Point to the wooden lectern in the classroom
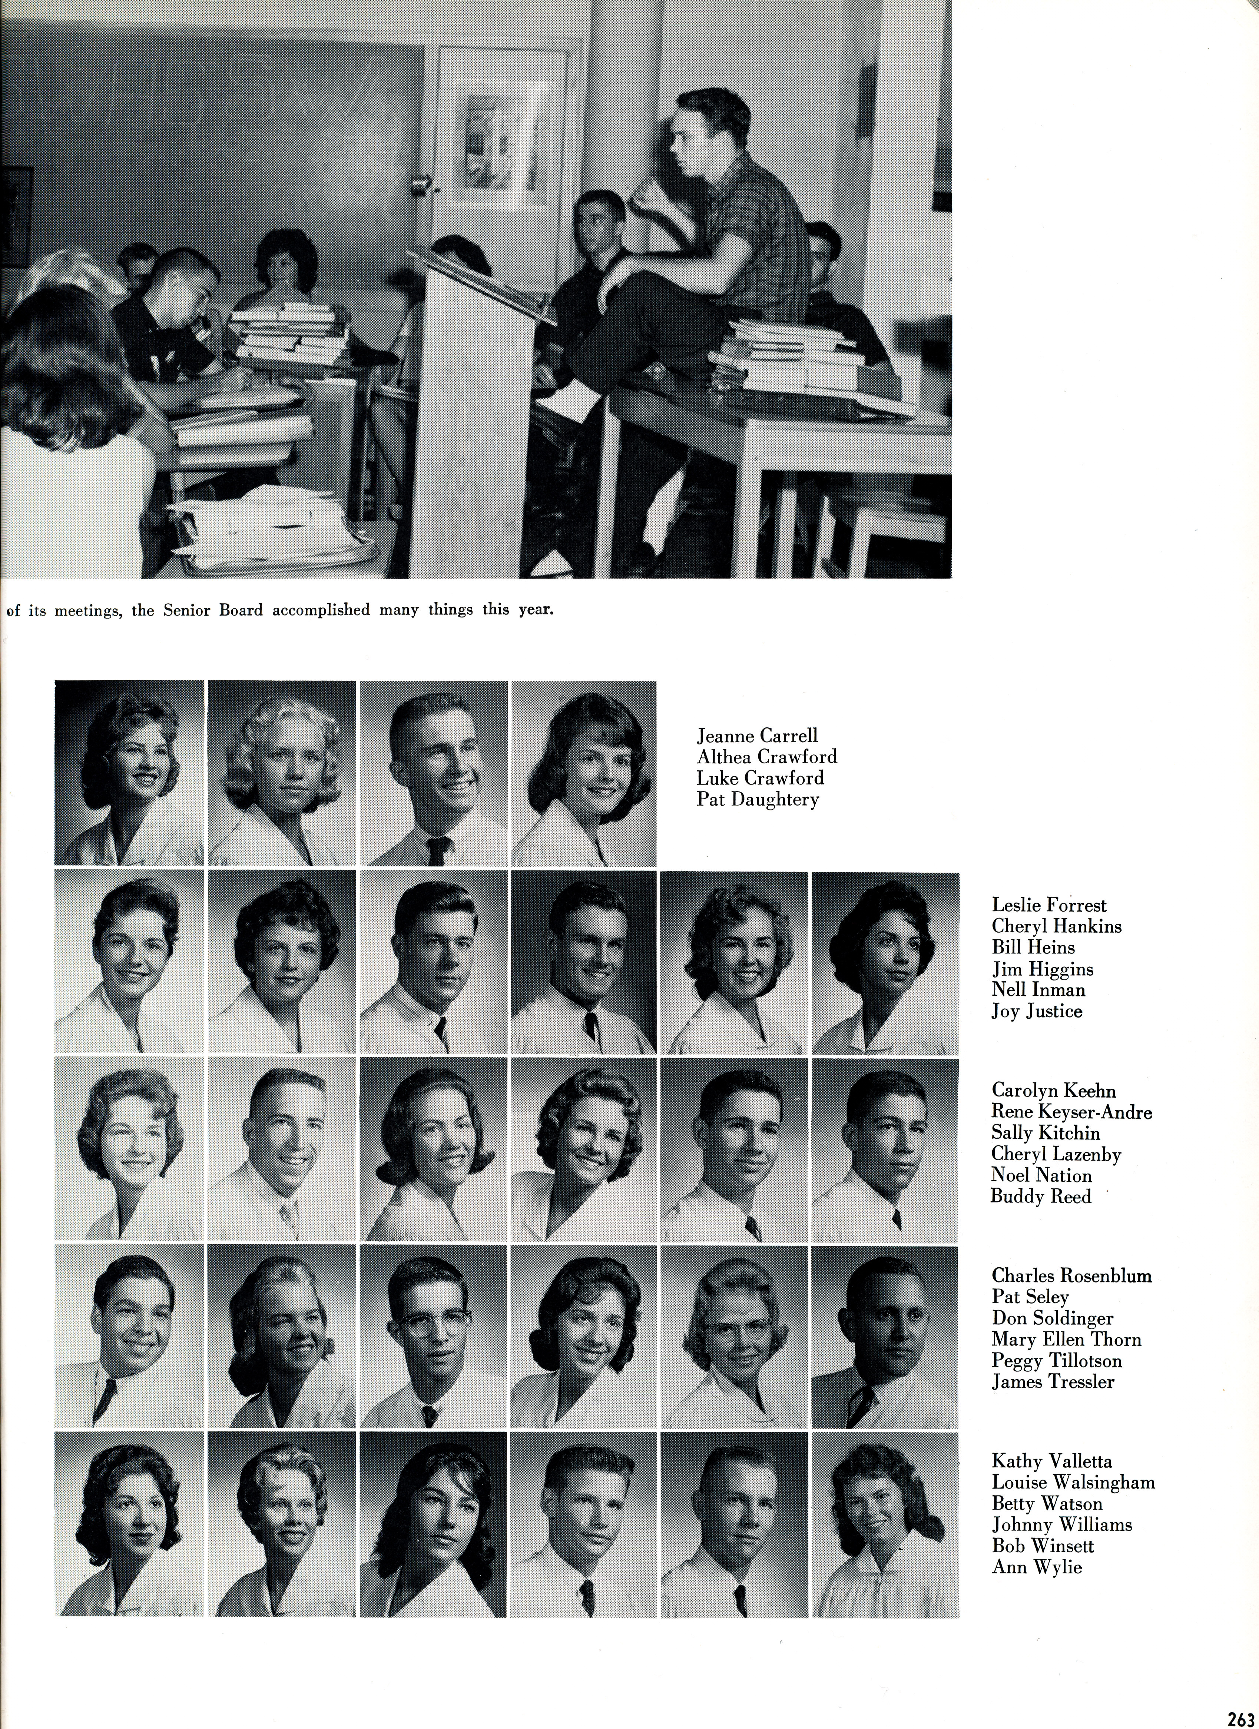point(458,412)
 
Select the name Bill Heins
point(1033,948)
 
